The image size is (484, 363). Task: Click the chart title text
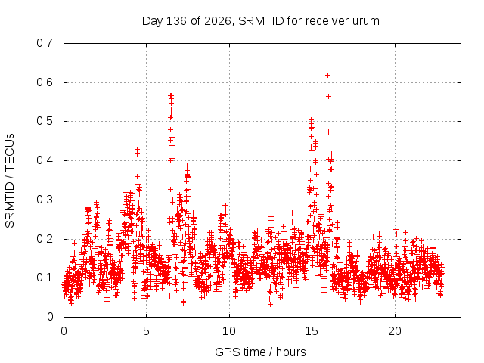tap(260, 21)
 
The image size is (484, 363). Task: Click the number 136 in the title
tap(176, 21)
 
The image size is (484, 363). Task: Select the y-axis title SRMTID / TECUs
tap(10, 181)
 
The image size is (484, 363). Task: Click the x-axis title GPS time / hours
tap(260, 352)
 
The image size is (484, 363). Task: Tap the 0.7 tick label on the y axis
tap(45, 43)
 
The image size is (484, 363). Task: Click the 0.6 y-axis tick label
tap(45, 82)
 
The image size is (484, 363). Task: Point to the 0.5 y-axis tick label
tap(45, 121)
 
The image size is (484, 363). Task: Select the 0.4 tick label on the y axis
tap(45, 160)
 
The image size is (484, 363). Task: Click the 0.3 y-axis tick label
tap(45, 200)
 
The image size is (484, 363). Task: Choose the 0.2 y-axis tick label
tap(45, 239)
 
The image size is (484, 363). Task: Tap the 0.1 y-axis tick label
tap(45, 278)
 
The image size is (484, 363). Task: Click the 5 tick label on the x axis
tap(146, 331)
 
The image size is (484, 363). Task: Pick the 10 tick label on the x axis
tap(229, 331)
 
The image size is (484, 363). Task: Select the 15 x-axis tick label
tap(312, 331)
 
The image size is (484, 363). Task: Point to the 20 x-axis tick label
tap(395, 331)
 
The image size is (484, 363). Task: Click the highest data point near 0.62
tap(327, 76)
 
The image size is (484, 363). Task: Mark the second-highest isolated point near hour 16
tap(328, 97)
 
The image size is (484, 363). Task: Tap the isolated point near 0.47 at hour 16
tap(328, 132)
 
